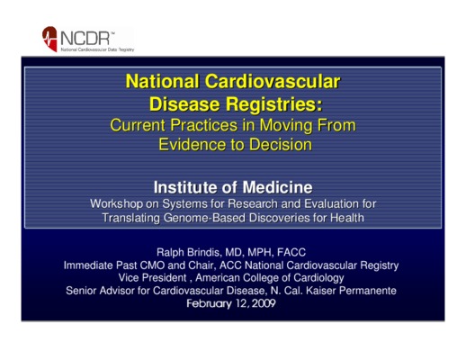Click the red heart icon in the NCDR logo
(49, 39)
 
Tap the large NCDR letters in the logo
(85, 39)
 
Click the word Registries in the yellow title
(274, 104)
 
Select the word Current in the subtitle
(138, 125)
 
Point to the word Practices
(204, 125)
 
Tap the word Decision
(281, 145)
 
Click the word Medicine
(277, 187)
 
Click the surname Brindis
(204, 252)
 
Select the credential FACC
(291, 252)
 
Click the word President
(165, 278)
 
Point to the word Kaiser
(321, 291)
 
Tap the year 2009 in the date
(264, 303)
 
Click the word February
(209, 304)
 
